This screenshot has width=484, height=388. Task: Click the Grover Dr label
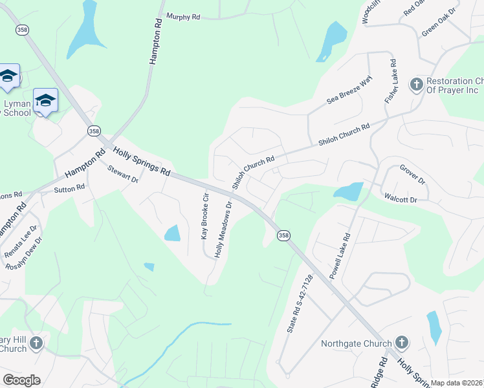pyautogui.click(x=412, y=175)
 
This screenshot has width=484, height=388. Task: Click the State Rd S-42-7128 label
pyautogui.click(x=300, y=304)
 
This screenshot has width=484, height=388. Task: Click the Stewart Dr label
pyautogui.click(x=123, y=175)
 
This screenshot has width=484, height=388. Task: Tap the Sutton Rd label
pyautogui.click(x=69, y=188)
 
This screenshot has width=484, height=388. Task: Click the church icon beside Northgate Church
pyautogui.click(x=401, y=342)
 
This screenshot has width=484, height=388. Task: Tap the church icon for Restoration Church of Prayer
pyautogui.click(x=416, y=83)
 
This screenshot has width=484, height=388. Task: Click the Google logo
pyautogui.click(x=21, y=380)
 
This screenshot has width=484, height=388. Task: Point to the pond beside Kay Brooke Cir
pyautogui.click(x=172, y=233)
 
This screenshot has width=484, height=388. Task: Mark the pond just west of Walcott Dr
pyautogui.click(x=348, y=191)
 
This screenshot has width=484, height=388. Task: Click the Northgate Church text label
pyautogui.click(x=357, y=343)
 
